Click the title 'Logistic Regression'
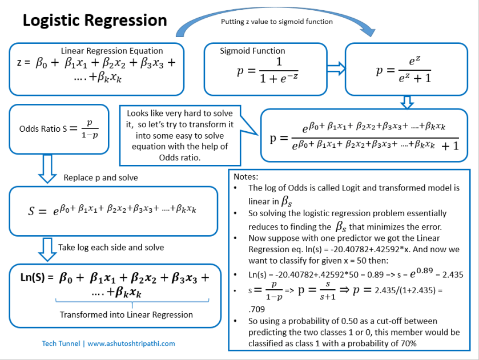(x=94, y=21)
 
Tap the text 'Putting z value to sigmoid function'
(x=277, y=22)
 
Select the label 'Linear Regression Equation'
(x=112, y=51)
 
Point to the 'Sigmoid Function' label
(x=252, y=51)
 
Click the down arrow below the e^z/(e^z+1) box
(x=406, y=102)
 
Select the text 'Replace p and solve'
(x=100, y=177)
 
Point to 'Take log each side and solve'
(x=111, y=247)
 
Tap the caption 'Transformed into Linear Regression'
(x=126, y=314)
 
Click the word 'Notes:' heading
(x=245, y=177)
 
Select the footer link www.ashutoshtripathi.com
(x=131, y=343)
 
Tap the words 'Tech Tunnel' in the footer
(x=62, y=343)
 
